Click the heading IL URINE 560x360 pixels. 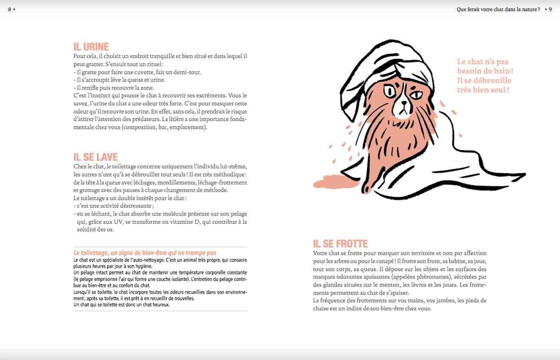(x=91, y=47)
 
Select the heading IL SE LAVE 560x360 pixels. (x=96, y=157)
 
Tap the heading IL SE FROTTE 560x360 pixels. (x=340, y=244)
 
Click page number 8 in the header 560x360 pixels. (x=10, y=10)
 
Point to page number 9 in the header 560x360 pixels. (x=550, y=10)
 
